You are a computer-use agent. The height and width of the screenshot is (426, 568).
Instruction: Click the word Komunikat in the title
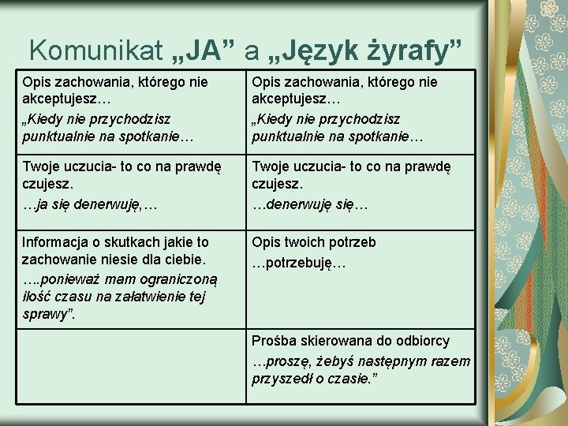click(95, 50)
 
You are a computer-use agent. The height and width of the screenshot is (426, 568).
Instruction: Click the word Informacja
click(59, 242)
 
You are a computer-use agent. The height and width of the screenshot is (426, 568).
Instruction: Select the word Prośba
click(274, 341)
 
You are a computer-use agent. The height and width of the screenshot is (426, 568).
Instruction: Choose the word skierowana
click(334, 341)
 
